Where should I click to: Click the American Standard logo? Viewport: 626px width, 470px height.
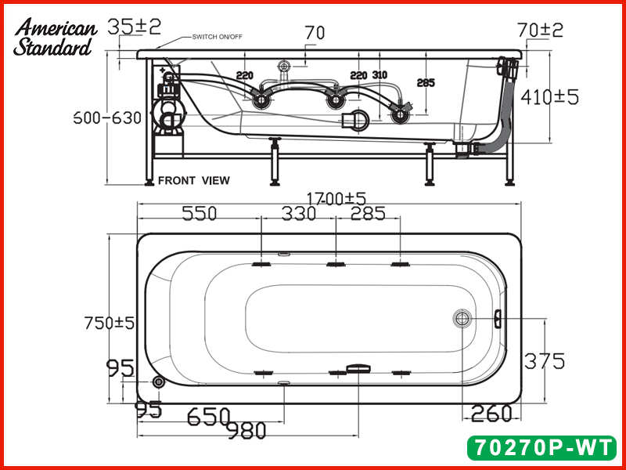click(x=55, y=37)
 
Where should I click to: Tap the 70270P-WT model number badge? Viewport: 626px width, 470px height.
click(x=541, y=447)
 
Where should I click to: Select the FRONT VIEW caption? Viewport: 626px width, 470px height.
click(x=194, y=181)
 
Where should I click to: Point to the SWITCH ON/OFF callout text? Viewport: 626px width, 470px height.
click(x=218, y=37)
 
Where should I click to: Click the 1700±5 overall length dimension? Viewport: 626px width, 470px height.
click(x=336, y=198)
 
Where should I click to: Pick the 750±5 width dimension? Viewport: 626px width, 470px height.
click(x=109, y=323)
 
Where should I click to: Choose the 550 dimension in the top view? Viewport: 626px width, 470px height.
click(x=200, y=213)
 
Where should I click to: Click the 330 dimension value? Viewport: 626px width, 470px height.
click(x=299, y=213)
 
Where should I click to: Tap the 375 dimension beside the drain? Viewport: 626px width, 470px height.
click(x=544, y=361)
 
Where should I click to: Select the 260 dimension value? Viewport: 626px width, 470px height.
click(x=491, y=414)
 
